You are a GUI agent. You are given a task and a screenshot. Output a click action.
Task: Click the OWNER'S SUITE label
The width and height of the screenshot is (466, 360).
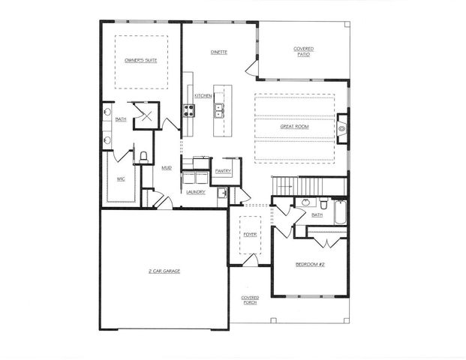(140, 58)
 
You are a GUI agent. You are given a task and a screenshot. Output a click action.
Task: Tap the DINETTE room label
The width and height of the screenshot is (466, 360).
(219, 52)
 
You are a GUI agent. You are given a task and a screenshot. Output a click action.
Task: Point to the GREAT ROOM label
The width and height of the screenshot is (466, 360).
(294, 127)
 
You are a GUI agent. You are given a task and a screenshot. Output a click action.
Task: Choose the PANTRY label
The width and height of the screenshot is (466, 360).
(222, 171)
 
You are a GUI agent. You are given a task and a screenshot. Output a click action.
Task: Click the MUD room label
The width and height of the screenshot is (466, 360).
(167, 167)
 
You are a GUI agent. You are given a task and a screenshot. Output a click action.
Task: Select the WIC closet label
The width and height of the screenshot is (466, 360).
(120, 179)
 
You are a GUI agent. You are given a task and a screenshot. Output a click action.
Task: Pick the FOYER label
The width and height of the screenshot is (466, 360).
(250, 235)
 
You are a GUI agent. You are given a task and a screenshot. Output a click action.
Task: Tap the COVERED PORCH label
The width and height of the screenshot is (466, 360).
(250, 300)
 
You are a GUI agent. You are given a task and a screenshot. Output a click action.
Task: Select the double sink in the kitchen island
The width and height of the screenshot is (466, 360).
(218, 112)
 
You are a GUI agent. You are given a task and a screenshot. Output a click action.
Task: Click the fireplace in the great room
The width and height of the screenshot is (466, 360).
(342, 127)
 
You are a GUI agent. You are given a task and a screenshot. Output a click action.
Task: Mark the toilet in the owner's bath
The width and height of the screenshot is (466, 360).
(143, 157)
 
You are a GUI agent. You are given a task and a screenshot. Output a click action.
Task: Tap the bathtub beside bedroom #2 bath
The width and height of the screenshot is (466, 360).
(339, 213)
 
